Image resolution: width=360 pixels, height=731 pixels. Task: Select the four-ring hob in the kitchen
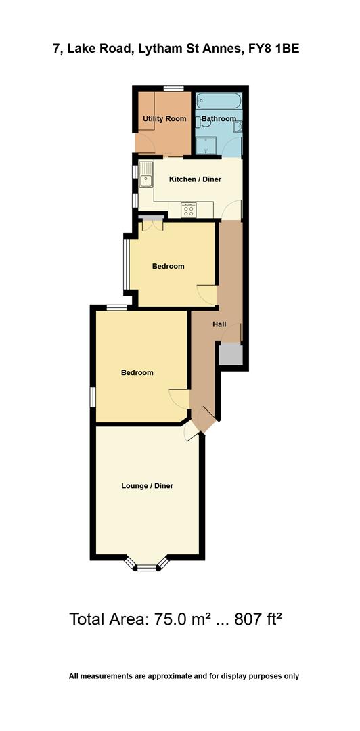(x=189, y=211)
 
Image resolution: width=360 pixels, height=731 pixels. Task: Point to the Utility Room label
(x=164, y=119)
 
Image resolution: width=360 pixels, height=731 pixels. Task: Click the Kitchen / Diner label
(x=195, y=179)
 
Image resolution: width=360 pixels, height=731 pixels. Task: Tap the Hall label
(x=219, y=324)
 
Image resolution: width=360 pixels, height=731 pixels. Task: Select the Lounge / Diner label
(x=147, y=485)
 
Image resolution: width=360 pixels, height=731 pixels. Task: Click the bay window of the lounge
(x=146, y=566)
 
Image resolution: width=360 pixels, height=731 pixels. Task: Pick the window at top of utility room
(x=174, y=88)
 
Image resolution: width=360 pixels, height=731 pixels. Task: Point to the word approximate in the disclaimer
(x=173, y=675)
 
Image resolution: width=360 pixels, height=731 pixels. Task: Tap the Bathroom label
(x=219, y=119)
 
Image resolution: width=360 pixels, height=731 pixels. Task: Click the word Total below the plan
(x=87, y=619)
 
